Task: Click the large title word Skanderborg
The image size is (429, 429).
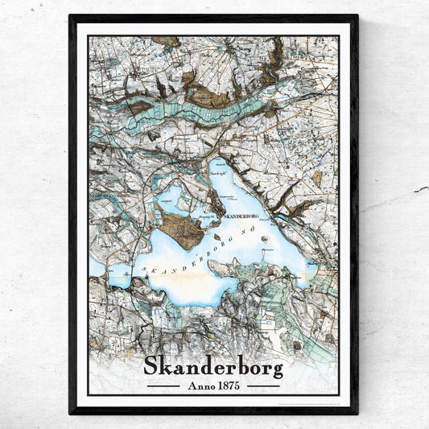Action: click(x=213, y=366)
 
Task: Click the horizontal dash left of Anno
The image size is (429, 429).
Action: click(x=163, y=386)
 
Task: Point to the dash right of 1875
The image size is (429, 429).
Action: click(x=263, y=386)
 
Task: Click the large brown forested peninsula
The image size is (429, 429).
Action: click(x=181, y=228)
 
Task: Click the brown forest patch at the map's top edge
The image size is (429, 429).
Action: click(x=167, y=40)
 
